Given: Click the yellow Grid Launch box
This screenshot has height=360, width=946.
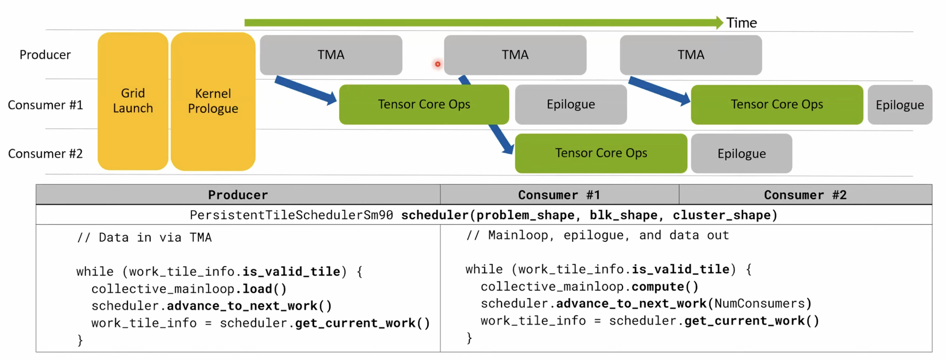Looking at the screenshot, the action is (133, 101).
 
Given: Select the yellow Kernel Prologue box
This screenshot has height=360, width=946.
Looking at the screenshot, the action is (213, 101).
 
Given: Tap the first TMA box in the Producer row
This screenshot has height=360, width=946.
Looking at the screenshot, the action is (331, 55).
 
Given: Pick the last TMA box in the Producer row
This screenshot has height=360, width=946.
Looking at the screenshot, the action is (691, 55).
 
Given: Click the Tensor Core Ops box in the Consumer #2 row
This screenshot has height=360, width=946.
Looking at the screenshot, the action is (601, 153).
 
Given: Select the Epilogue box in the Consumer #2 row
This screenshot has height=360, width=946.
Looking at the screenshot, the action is (742, 154).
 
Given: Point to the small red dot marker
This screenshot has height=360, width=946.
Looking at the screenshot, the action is (437, 64).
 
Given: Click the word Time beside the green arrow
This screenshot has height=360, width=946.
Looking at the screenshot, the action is (742, 23).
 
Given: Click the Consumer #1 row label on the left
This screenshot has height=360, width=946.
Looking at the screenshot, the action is (46, 105).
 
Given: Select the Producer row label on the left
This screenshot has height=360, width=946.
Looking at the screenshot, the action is (45, 55).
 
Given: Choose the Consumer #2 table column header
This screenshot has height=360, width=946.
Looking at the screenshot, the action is (805, 195).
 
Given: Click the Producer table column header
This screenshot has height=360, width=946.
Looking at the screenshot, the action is (238, 195).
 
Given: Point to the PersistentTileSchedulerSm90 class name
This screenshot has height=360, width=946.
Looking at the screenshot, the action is (291, 215).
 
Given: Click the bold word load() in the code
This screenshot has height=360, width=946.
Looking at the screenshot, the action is (264, 289).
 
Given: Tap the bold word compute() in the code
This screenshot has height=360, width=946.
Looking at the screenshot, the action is (665, 287).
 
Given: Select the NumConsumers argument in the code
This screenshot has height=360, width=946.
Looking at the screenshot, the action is (759, 304).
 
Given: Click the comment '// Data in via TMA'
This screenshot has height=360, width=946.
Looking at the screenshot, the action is (144, 238).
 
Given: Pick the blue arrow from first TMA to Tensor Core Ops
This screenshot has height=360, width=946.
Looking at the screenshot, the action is (306, 90).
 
